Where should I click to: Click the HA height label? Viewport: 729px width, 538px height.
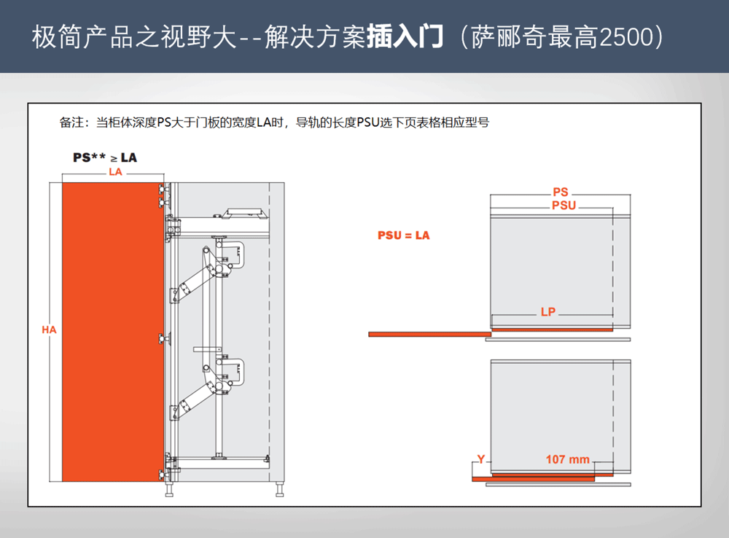pyautogui.click(x=49, y=330)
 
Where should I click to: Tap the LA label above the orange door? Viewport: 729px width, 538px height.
pyautogui.click(x=114, y=172)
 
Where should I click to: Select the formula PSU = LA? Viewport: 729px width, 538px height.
pyautogui.click(x=403, y=235)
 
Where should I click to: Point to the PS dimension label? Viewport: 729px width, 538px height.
pyautogui.click(x=560, y=192)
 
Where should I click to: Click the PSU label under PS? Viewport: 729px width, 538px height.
pyautogui.click(x=564, y=206)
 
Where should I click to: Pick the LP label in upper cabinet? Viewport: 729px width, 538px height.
pyautogui.click(x=548, y=312)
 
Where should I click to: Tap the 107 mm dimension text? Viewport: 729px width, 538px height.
pyautogui.click(x=567, y=459)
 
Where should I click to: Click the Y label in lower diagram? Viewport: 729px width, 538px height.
pyautogui.click(x=480, y=459)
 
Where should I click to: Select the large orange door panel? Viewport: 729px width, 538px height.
pyautogui.click(x=112, y=331)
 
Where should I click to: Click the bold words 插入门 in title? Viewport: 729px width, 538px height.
pyautogui.click(x=405, y=37)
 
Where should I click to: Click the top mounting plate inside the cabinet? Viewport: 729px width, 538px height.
pyautogui.click(x=245, y=213)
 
